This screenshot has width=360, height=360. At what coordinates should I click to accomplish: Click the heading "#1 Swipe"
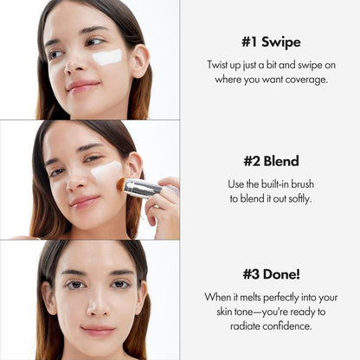[270, 42]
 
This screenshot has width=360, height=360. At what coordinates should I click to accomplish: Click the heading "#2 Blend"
[270, 161]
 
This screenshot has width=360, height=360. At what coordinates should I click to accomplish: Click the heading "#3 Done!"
[270, 275]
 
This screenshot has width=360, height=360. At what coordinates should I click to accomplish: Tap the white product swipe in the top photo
[107, 57]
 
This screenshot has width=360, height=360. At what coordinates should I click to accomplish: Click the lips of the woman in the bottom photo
[97, 330]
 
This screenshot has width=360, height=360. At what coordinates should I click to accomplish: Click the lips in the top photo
[82, 86]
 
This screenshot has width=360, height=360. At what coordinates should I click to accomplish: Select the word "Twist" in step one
[220, 65]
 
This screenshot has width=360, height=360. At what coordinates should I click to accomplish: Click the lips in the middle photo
[84, 202]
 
